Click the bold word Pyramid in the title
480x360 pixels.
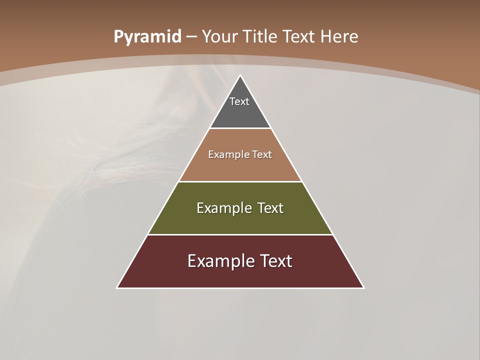(147, 37)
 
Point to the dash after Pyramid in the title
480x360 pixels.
(191, 37)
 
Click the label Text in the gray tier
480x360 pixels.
(239, 101)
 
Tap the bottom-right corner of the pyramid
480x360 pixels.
(363, 287)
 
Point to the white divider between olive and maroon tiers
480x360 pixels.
(240, 234)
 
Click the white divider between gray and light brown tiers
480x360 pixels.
(240, 128)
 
